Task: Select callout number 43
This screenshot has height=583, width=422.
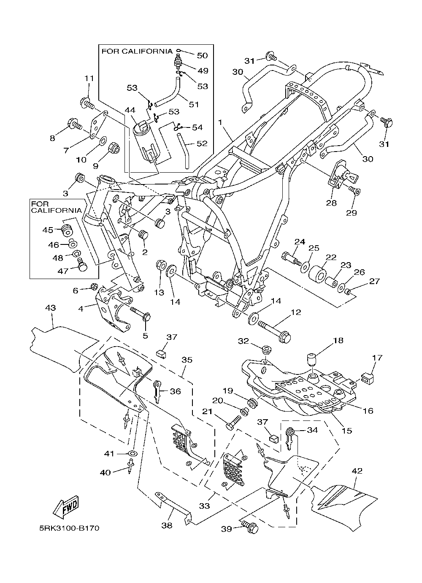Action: point(51,308)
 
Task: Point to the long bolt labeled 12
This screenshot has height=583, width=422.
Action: point(274,331)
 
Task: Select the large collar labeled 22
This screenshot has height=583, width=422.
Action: point(317,274)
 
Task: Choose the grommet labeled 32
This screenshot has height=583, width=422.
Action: point(265,349)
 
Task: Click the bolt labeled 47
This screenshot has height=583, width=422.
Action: point(82,265)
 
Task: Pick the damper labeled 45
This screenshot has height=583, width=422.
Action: point(67,230)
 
